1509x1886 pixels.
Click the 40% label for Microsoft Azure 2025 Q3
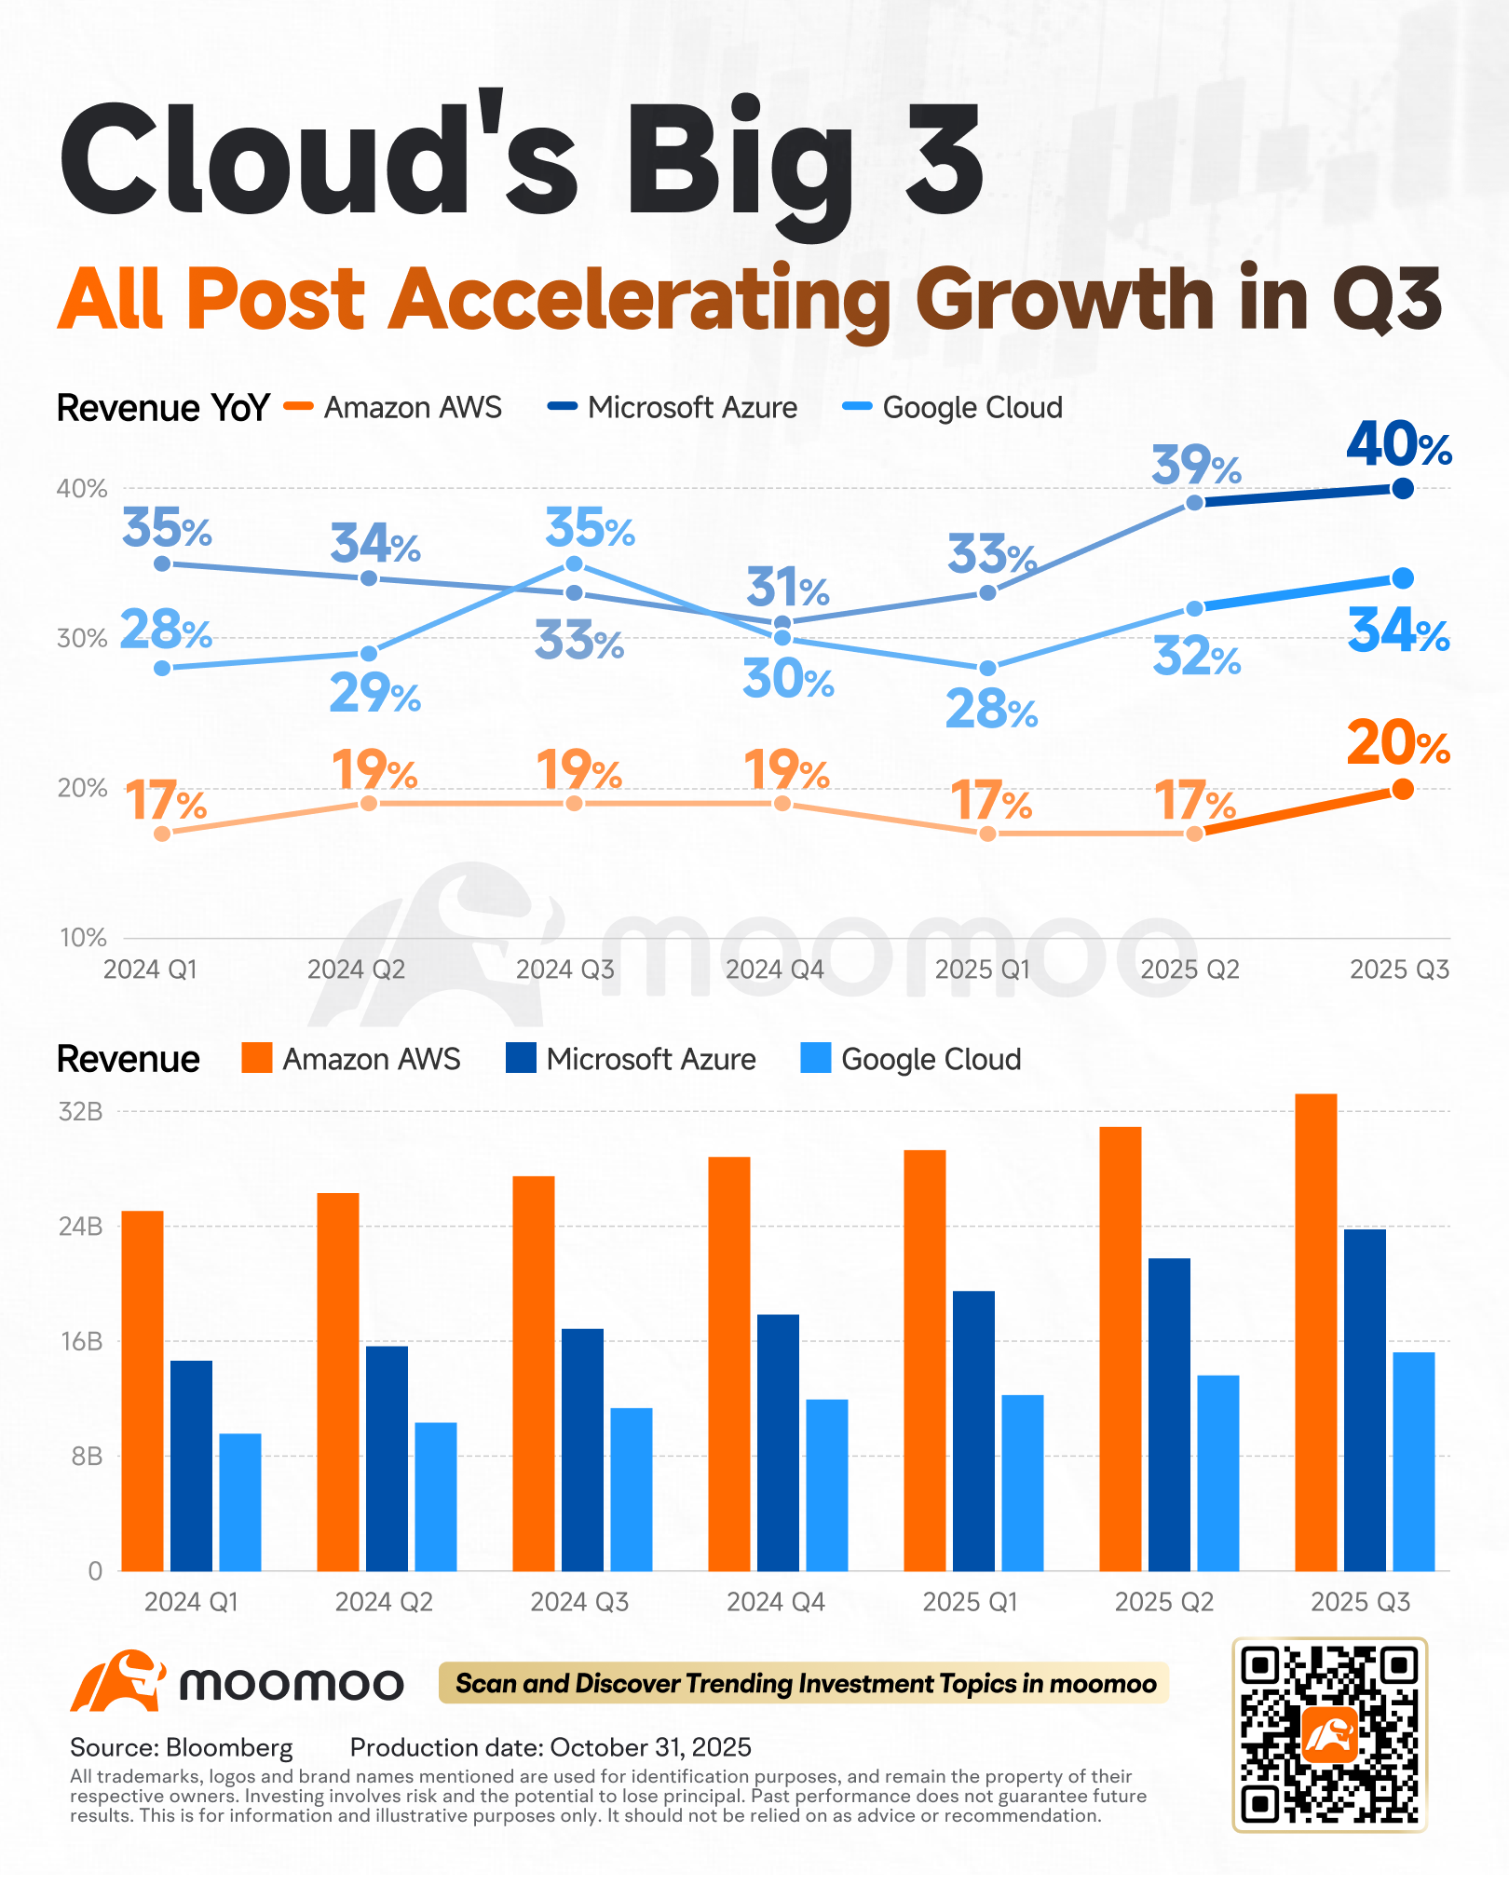tap(1399, 445)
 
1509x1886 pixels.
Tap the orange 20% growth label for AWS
tap(1398, 744)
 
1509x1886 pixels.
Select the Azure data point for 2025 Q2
tap(1195, 503)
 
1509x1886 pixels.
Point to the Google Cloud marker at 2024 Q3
tap(575, 563)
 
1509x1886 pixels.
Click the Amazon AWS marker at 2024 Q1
tap(162, 834)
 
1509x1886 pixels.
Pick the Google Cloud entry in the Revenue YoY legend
tap(952, 407)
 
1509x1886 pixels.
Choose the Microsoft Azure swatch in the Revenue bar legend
tap(521, 1058)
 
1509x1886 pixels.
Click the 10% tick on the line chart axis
tap(83, 938)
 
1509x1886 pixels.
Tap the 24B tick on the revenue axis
tap(81, 1226)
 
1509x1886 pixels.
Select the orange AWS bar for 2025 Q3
tap(1316, 1333)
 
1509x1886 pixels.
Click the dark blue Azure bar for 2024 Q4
tap(778, 1443)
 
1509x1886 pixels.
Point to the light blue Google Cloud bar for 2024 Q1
tap(240, 1502)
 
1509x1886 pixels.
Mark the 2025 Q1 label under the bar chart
tap(970, 1602)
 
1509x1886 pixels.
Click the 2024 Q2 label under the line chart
tap(357, 970)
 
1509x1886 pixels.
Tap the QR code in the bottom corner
tap(1329, 1735)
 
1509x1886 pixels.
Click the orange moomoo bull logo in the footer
tap(118, 1682)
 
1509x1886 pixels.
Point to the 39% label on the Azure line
tap(1196, 466)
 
